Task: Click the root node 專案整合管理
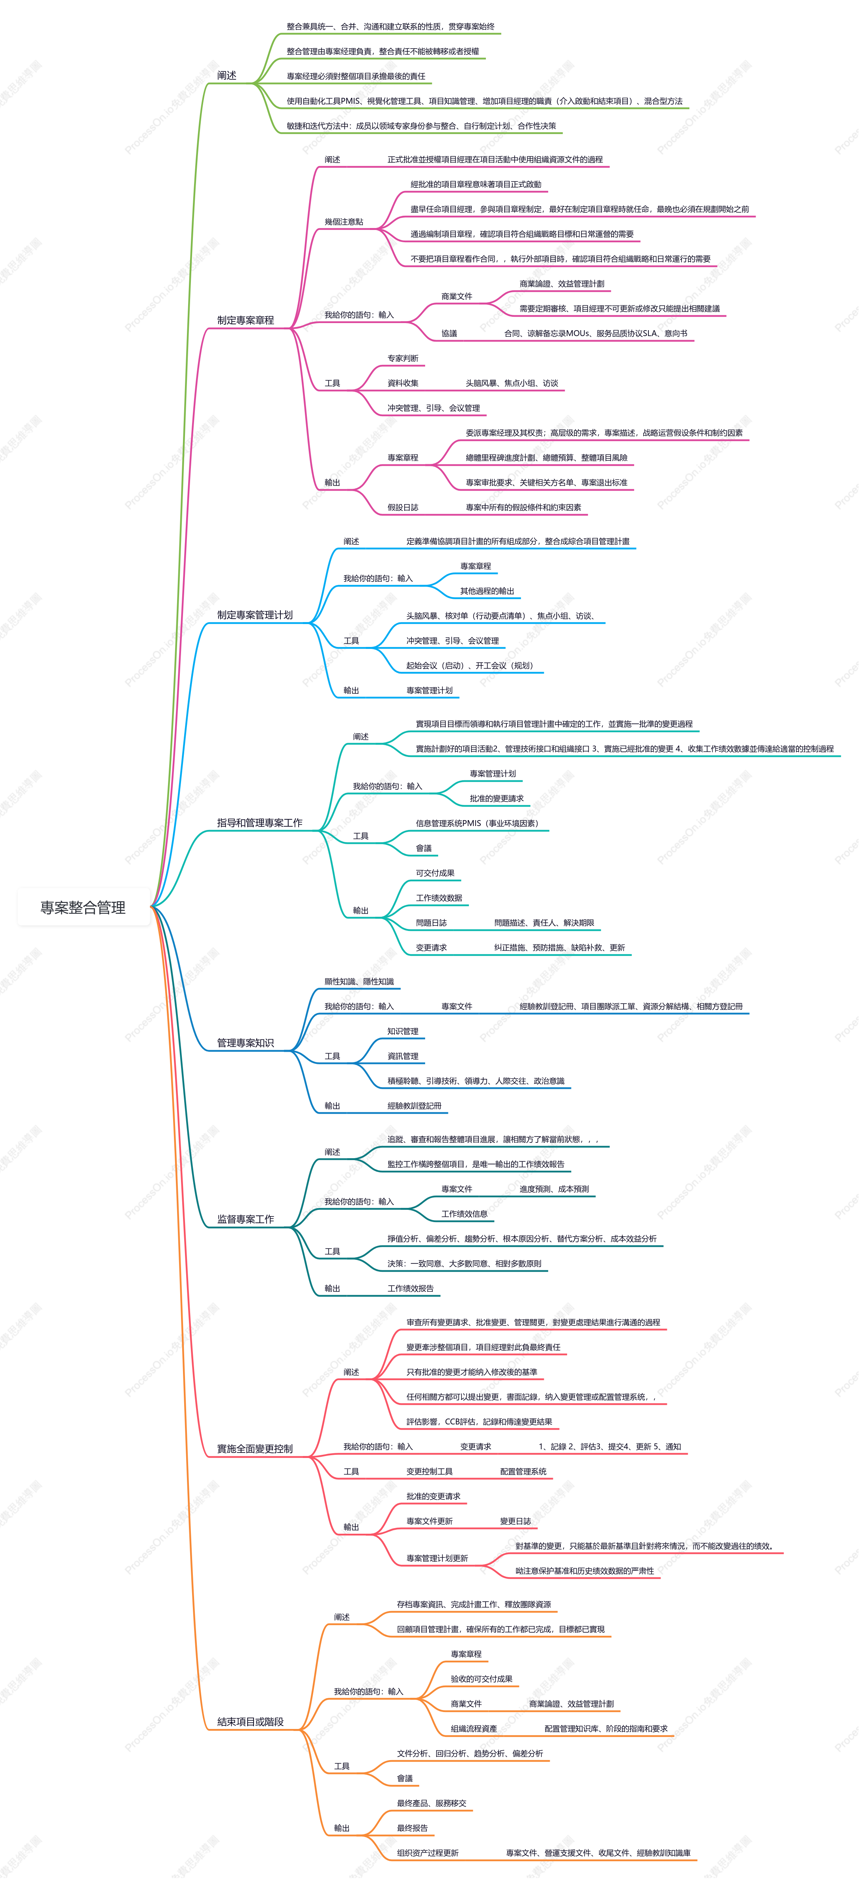82,907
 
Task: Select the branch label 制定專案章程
246,320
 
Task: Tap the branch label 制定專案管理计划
255,615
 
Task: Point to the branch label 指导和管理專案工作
260,823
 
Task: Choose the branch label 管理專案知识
246,1043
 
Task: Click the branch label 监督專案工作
246,1219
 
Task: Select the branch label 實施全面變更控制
255,1449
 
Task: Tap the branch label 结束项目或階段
250,1721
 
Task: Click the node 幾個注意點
344,222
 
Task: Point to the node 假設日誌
403,508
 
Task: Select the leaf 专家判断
403,358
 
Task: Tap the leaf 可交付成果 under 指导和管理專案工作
435,873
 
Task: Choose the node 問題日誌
431,923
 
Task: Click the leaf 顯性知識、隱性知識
359,981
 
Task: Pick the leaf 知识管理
403,1031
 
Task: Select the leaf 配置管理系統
523,1471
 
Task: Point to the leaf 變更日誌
515,1521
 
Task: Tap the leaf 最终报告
412,1828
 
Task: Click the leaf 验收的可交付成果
482,1679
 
